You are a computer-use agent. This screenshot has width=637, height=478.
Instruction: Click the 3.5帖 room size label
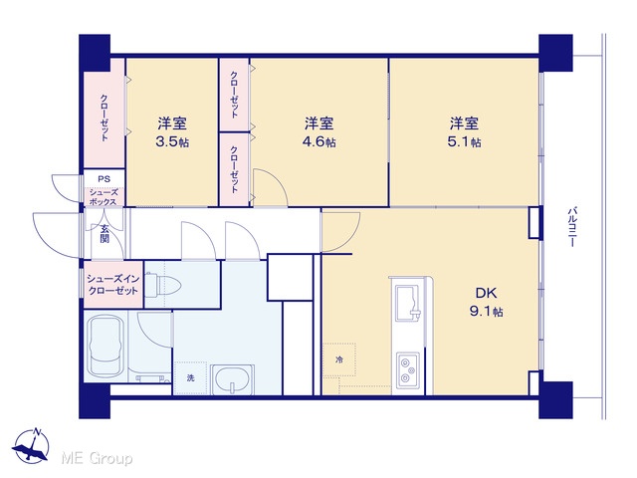[172, 141]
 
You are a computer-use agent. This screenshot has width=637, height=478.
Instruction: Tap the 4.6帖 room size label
[318, 141]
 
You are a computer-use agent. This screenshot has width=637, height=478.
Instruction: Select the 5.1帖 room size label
[464, 141]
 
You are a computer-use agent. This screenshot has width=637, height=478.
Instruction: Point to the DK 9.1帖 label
[487, 302]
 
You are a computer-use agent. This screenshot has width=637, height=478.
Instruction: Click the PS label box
[104, 179]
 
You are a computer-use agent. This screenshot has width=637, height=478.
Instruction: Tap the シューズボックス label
[104, 197]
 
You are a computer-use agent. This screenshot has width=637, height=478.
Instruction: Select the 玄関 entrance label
[105, 233]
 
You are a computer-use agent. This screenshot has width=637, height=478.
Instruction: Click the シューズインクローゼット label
[112, 285]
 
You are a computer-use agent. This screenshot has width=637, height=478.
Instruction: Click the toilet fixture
[162, 285]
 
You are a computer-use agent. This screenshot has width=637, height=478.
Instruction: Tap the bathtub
[106, 347]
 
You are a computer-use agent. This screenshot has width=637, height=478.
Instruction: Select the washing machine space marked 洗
[190, 378]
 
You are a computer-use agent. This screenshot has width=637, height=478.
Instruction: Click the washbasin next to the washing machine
[232, 379]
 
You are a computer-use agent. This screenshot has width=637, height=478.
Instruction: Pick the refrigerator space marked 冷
[339, 359]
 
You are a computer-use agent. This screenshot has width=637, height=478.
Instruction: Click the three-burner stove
[408, 369]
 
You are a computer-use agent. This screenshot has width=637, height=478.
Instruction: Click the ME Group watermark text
[97, 458]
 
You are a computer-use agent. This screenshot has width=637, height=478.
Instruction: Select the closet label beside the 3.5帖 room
[105, 118]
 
